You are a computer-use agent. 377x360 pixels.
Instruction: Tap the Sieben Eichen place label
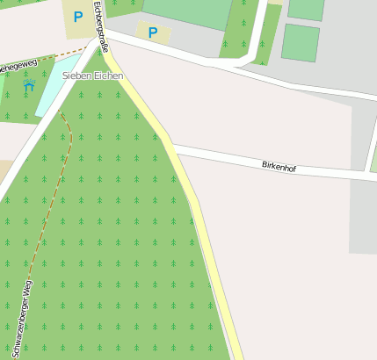pyautogui.click(x=92, y=76)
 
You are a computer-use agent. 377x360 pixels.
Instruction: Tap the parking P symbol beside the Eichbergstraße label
pyautogui.click(x=78, y=16)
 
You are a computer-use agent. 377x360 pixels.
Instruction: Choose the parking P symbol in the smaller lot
pyautogui.click(x=153, y=33)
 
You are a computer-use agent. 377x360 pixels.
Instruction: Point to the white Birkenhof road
pyautogui.click(x=228, y=158)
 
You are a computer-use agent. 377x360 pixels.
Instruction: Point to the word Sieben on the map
pyautogui.click(x=76, y=76)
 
